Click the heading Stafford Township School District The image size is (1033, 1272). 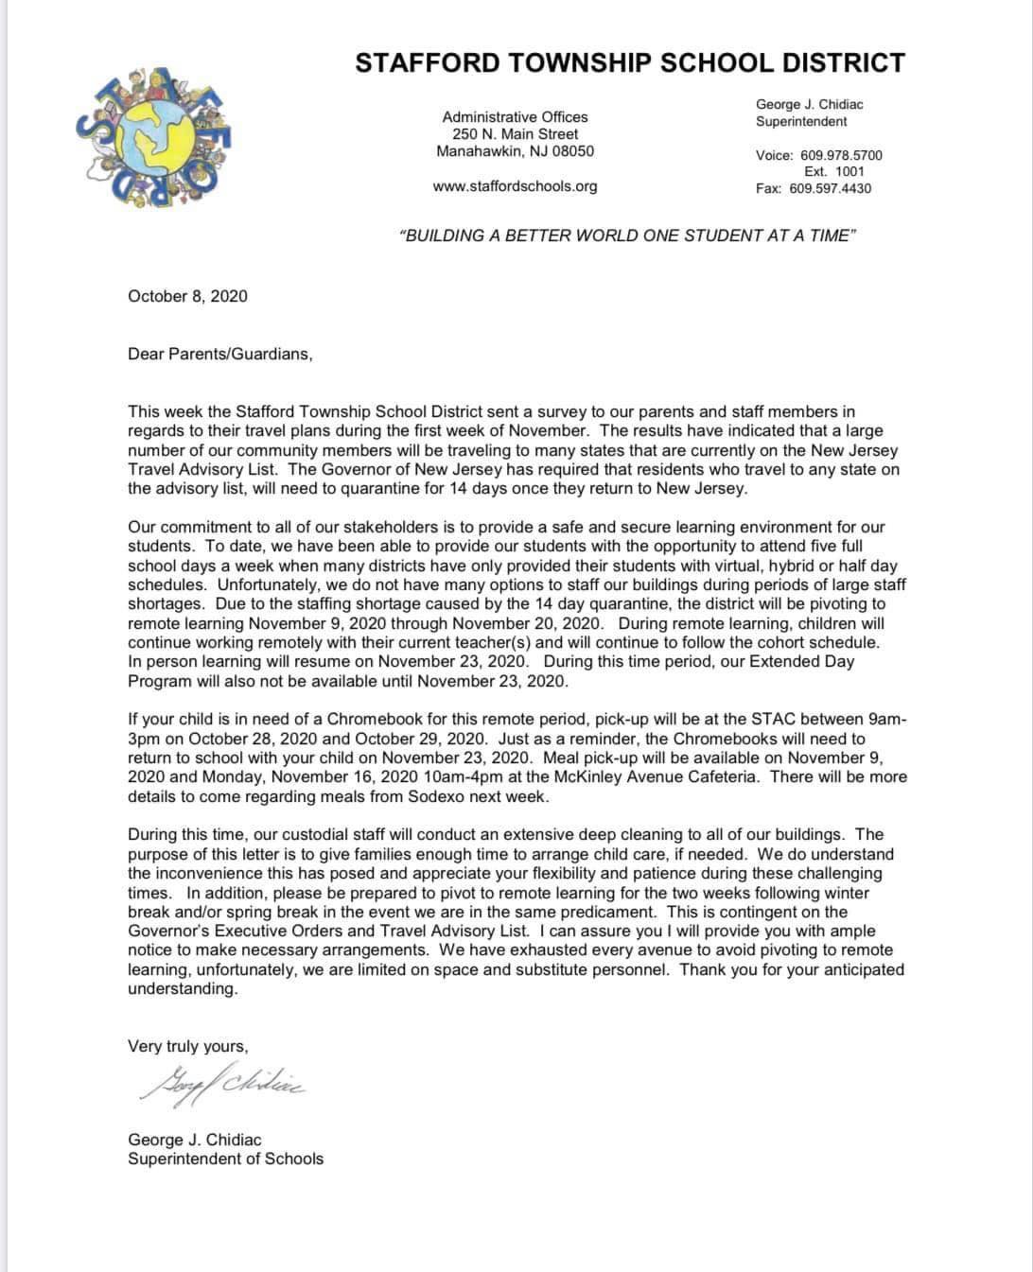coord(629,63)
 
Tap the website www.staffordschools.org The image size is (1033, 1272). coord(515,186)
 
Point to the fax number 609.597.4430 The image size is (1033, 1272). coord(830,188)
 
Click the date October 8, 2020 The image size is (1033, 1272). coord(187,296)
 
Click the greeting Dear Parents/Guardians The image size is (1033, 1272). coord(219,354)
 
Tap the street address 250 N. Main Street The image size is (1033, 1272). coord(515,134)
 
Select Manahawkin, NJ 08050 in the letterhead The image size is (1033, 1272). coord(515,151)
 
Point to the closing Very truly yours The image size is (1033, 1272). coord(187,1046)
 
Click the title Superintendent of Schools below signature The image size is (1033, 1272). coord(225,1159)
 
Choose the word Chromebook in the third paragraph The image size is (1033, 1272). coord(319,720)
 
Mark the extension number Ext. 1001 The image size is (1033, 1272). coord(833,171)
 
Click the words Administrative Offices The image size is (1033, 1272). coord(515,117)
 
